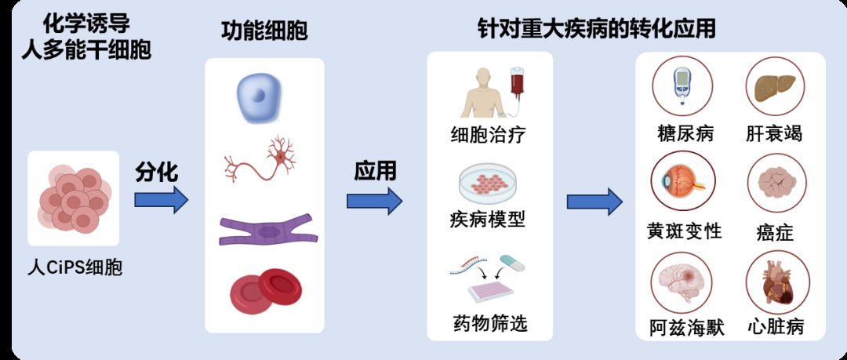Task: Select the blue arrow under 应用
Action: (x=374, y=200)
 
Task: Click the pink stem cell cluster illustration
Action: (x=73, y=199)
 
